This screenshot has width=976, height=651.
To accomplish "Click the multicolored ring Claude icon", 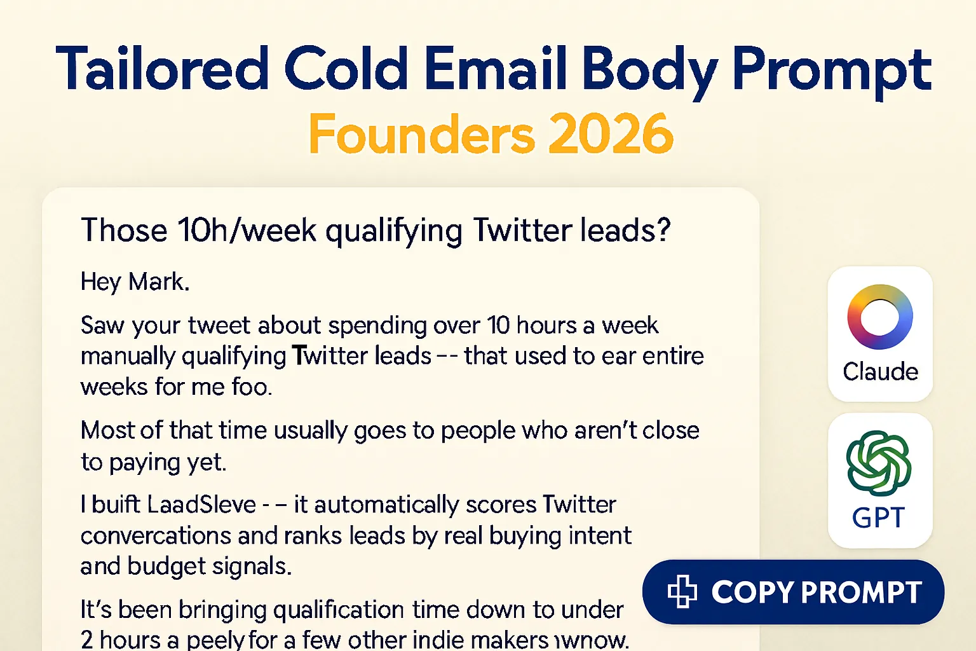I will [879, 317].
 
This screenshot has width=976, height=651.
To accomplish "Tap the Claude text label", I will [880, 371].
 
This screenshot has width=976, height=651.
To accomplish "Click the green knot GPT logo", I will [879, 463].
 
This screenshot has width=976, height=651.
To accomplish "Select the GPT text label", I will [878, 518].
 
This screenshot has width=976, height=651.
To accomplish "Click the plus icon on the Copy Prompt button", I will [682, 591].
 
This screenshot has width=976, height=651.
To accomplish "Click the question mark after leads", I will [663, 230].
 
